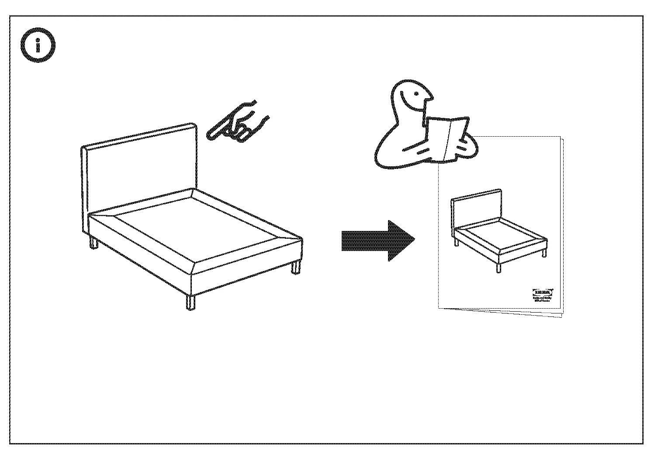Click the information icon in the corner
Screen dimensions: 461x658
(38, 45)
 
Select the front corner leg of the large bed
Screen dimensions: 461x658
(190, 302)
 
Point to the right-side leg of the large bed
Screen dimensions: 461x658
(296, 266)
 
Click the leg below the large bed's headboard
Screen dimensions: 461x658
(94, 243)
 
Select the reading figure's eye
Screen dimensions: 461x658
(416, 93)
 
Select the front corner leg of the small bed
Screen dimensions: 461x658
(498, 268)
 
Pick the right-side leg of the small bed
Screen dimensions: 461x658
(544, 252)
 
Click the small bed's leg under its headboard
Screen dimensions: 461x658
(457, 241)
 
